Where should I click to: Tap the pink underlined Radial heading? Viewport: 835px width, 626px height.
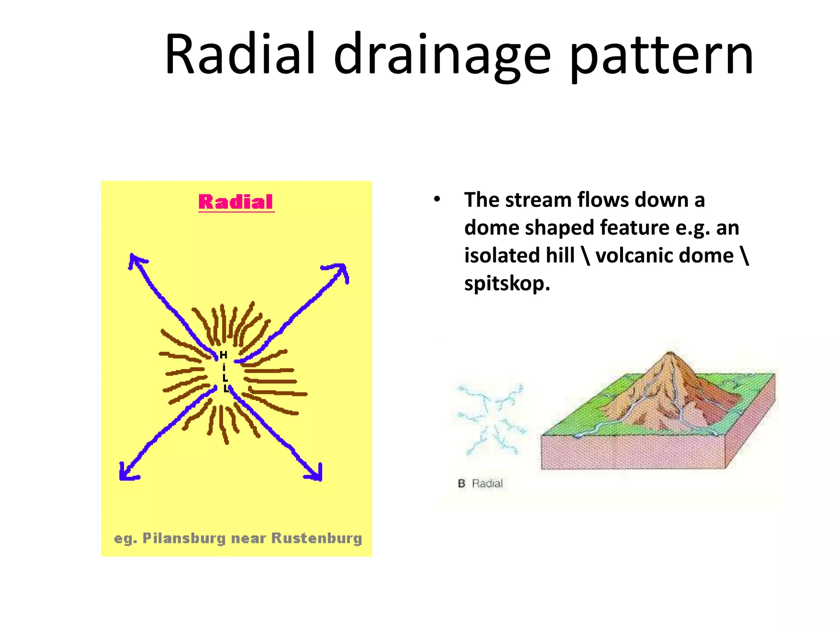pyautogui.click(x=236, y=202)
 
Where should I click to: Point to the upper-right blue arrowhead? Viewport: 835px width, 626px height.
pyautogui.click(x=342, y=270)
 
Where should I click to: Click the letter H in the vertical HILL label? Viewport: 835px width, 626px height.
pyautogui.click(x=223, y=355)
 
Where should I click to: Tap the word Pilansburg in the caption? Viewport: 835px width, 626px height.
pyautogui.click(x=184, y=538)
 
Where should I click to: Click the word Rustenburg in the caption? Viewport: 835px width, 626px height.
pyautogui.click(x=316, y=538)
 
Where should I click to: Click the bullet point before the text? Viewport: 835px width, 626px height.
pyautogui.click(x=437, y=200)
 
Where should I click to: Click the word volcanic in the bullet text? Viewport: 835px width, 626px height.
pyautogui.click(x=634, y=256)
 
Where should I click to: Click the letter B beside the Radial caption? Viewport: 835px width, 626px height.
pyautogui.click(x=462, y=484)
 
